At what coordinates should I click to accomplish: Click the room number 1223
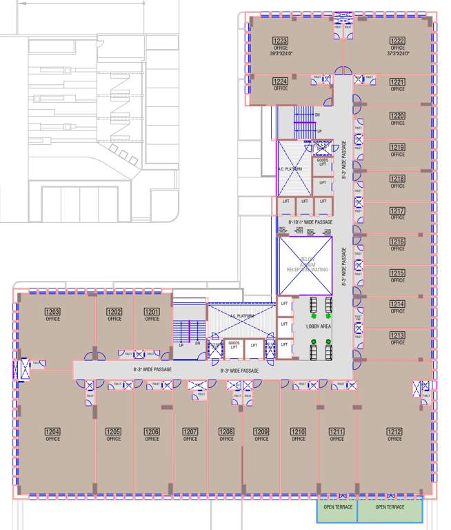[281, 41]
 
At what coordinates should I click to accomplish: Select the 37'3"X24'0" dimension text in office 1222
[397, 53]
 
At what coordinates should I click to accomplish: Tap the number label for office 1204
[52, 432]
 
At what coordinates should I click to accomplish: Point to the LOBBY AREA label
[310, 326]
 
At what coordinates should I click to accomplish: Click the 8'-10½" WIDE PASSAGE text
[305, 222]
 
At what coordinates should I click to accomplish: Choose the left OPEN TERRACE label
[338, 507]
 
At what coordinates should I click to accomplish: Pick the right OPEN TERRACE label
[390, 507]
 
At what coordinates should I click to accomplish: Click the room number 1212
[394, 432]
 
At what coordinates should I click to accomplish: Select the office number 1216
[397, 242]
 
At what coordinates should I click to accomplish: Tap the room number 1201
[152, 312]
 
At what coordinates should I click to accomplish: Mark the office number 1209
[261, 432]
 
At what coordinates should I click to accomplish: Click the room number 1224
[281, 81]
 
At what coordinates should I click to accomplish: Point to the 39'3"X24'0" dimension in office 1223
[281, 53]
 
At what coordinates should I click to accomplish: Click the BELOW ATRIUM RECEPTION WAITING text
[305, 264]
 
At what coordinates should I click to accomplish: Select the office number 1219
[397, 148]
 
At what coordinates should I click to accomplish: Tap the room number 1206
[152, 432]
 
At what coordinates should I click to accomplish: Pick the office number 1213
[397, 335]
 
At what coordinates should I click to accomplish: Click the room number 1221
[397, 82]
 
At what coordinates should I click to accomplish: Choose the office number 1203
[52, 312]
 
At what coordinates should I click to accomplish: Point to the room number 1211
[337, 432]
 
